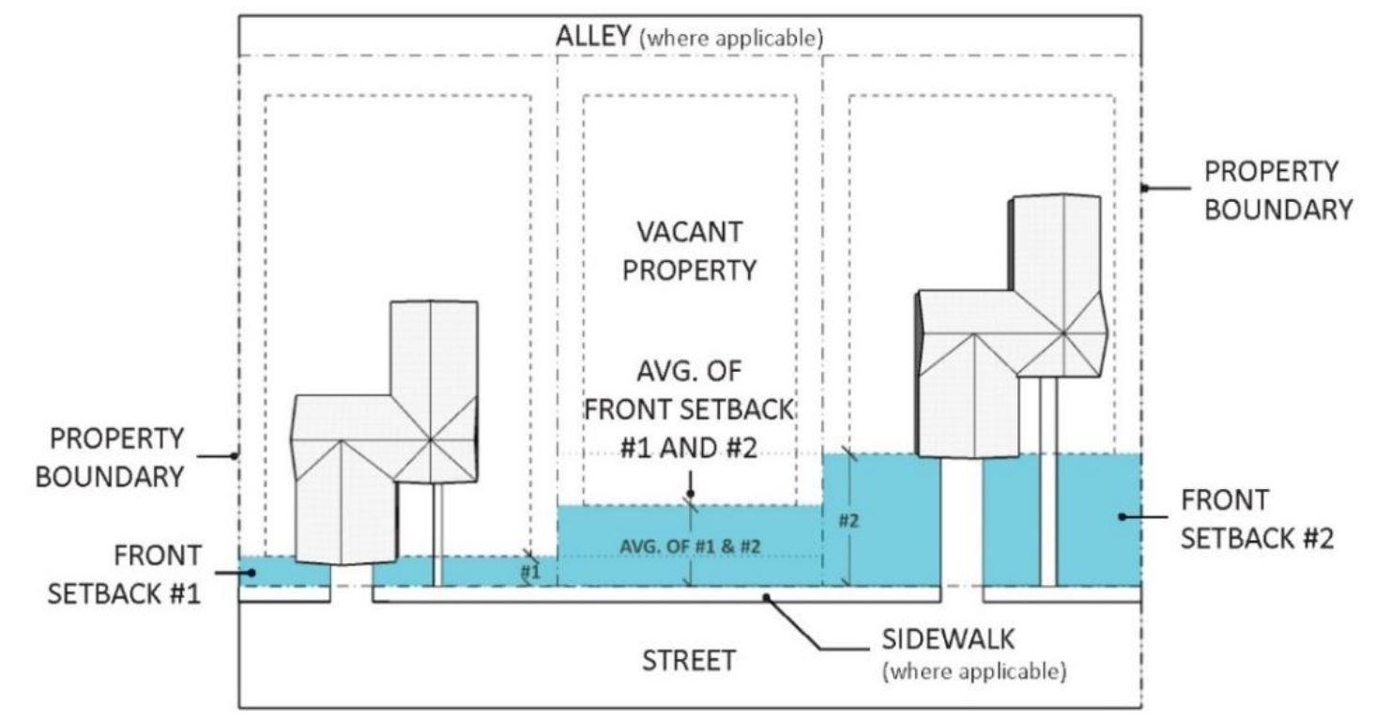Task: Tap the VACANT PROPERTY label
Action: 690,251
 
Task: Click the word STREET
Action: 688,660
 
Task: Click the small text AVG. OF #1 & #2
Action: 690,545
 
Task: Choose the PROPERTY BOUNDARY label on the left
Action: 111,457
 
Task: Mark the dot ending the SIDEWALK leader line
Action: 768,595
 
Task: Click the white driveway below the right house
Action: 961,526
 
